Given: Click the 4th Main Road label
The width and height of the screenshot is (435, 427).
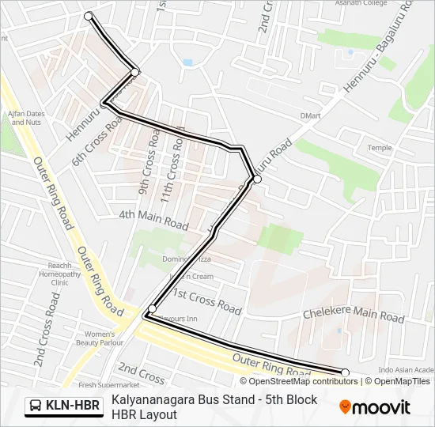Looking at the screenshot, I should point(153,219).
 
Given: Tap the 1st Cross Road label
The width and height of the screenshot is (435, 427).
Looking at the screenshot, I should point(206,300).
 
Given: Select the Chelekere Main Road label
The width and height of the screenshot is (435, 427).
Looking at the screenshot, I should point(354,315).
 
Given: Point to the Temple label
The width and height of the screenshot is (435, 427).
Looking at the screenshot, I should point(379,148).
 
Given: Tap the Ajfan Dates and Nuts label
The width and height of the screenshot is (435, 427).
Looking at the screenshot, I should point(25,118).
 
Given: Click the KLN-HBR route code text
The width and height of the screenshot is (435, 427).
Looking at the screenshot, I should point(73,406).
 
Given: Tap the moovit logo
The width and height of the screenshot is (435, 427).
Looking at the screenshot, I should point(375,406).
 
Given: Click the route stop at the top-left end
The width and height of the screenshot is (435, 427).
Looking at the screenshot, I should point(88,16).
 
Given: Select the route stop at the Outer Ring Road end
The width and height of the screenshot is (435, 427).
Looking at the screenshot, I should point(345,372).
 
